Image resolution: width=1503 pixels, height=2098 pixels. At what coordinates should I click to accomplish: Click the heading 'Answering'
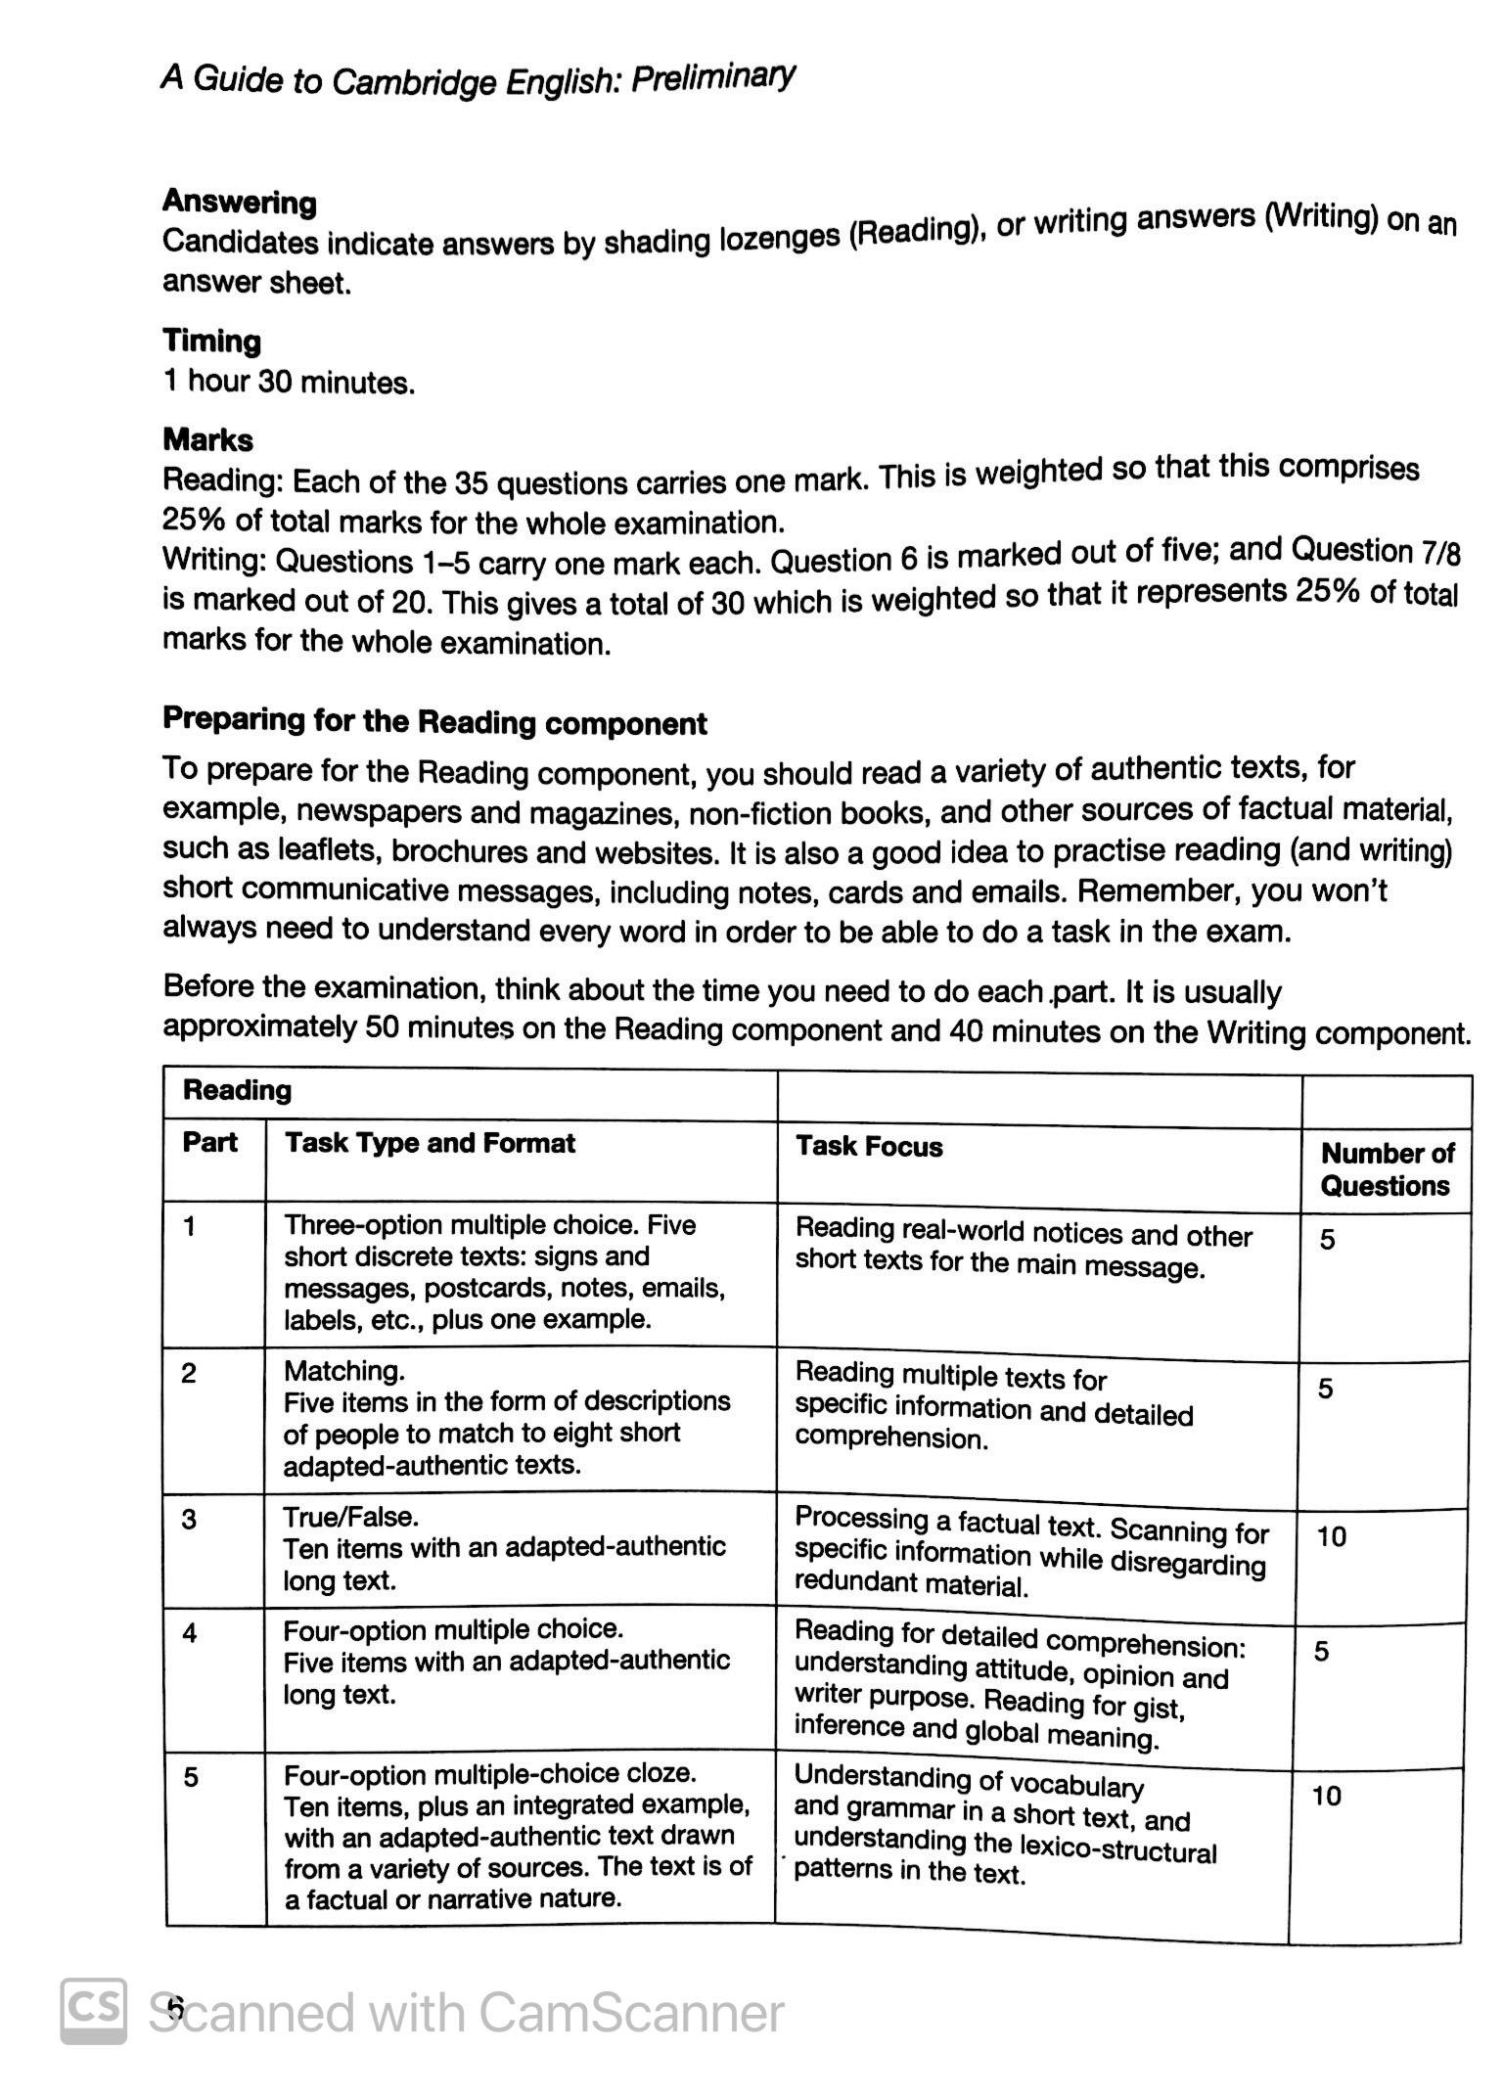coord(239,202)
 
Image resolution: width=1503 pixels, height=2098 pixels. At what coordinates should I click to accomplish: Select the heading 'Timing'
coord(211,342)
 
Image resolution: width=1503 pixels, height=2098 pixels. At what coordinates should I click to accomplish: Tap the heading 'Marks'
coord(207,440)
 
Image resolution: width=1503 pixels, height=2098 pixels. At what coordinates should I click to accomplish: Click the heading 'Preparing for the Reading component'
coord(434,721)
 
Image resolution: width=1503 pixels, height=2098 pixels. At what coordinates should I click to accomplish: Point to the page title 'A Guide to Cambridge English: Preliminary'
coord(477,79)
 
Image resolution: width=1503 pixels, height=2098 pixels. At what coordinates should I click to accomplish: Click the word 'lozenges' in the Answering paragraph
coord(778,239)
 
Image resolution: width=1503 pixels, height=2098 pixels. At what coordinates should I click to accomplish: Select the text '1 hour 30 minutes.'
coord(289,382)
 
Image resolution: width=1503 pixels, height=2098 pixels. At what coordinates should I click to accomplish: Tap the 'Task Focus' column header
coord(869,1146)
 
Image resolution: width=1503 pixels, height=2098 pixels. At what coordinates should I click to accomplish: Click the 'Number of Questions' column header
coord(1387,1169)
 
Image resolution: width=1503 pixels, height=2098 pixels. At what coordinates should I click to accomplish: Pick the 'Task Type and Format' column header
coord(430,1143)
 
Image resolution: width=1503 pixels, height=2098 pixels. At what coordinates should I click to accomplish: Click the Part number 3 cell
coord(189,1519)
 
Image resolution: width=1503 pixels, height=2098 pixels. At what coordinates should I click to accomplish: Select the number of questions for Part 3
coord(1331,1536)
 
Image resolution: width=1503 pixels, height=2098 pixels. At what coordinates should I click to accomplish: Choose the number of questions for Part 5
coord(1326,1796)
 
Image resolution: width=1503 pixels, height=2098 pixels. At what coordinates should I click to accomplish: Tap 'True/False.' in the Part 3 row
coord(350,1517)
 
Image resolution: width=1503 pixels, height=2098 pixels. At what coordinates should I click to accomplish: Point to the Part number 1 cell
coord(189,1226)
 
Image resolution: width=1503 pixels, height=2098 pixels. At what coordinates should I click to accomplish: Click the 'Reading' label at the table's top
coord(237,1090)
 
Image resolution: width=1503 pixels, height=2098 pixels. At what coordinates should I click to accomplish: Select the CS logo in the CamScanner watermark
coord(94,2010)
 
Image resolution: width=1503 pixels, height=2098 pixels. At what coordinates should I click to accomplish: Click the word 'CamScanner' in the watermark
coord(631,2013)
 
